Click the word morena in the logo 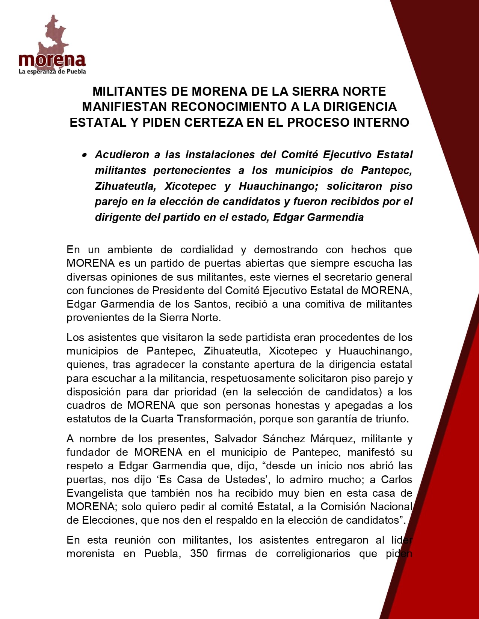(x=52, y=60)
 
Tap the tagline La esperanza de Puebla (x=52, y=71)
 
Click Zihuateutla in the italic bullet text (x=124, y=186)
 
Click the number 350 (x=199, y=554)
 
